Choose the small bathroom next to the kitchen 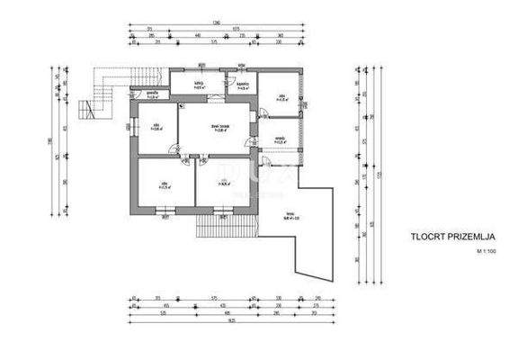[242, 86]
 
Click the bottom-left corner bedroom [164, 185]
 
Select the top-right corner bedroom [281, 94]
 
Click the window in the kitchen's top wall [201, 67]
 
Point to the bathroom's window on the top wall [242, 67]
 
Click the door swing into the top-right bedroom [264, 112]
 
